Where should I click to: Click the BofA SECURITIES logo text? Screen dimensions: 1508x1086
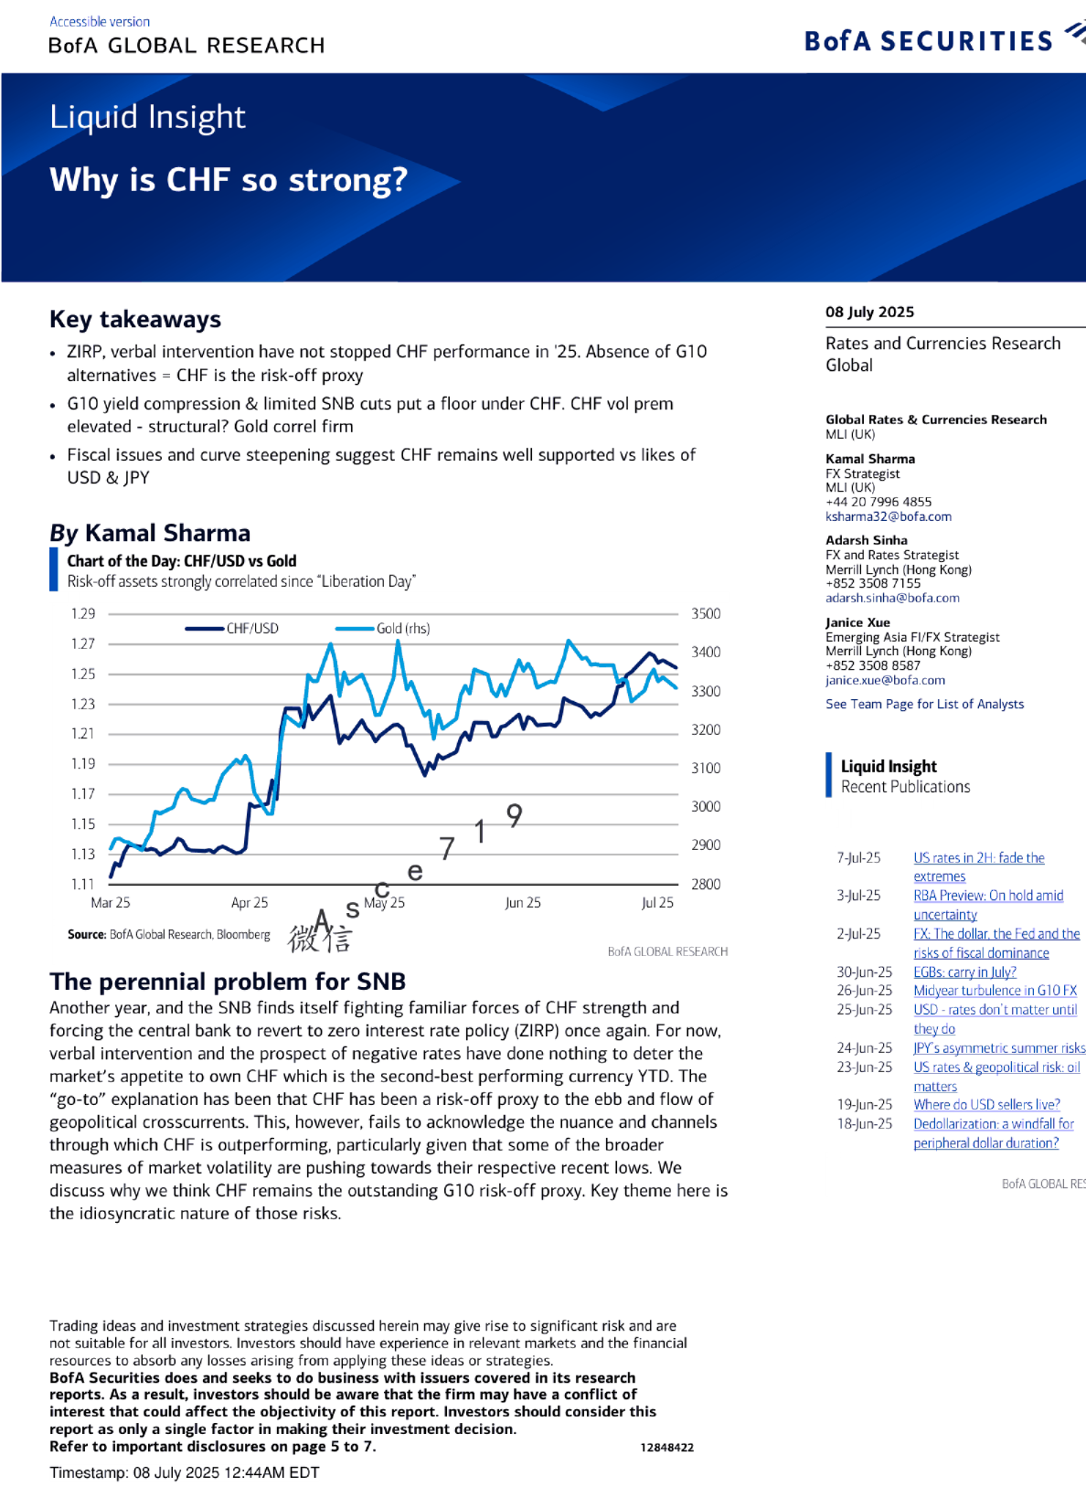[x=929, y=41]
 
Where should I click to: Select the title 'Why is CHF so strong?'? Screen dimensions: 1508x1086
[x=229, y=180]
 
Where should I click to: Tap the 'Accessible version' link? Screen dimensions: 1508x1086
[x=100, y=21]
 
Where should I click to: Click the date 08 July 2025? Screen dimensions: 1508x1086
[x=869, y=312]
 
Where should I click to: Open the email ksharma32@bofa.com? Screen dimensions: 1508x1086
[x=888, y=516]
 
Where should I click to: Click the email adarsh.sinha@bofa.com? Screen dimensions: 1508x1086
[x=892, y=598]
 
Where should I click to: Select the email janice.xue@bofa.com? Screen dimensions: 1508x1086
[x=885, y=680]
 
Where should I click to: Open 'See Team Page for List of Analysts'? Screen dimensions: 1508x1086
[x=924, y=704]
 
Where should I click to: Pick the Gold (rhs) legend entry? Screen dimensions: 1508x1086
[x=402, y=629]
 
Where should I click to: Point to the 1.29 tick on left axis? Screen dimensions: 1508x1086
[x=83, y=613]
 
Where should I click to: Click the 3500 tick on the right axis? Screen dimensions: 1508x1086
[x=706, y=613]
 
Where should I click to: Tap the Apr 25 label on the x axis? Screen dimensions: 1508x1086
[x=250, y=902]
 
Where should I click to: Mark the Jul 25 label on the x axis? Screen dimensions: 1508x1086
[x=657, y=902]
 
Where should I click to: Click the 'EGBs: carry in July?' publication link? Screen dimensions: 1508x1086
[x=964, y=972]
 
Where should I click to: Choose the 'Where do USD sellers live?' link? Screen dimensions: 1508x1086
[x=986, y=1104]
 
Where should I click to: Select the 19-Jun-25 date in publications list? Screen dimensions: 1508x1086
[x=864, y=1104]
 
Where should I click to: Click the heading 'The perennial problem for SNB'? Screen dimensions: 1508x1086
[x=228, y=982]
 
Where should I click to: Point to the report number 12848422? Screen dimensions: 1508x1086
[x=666, y=1448]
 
